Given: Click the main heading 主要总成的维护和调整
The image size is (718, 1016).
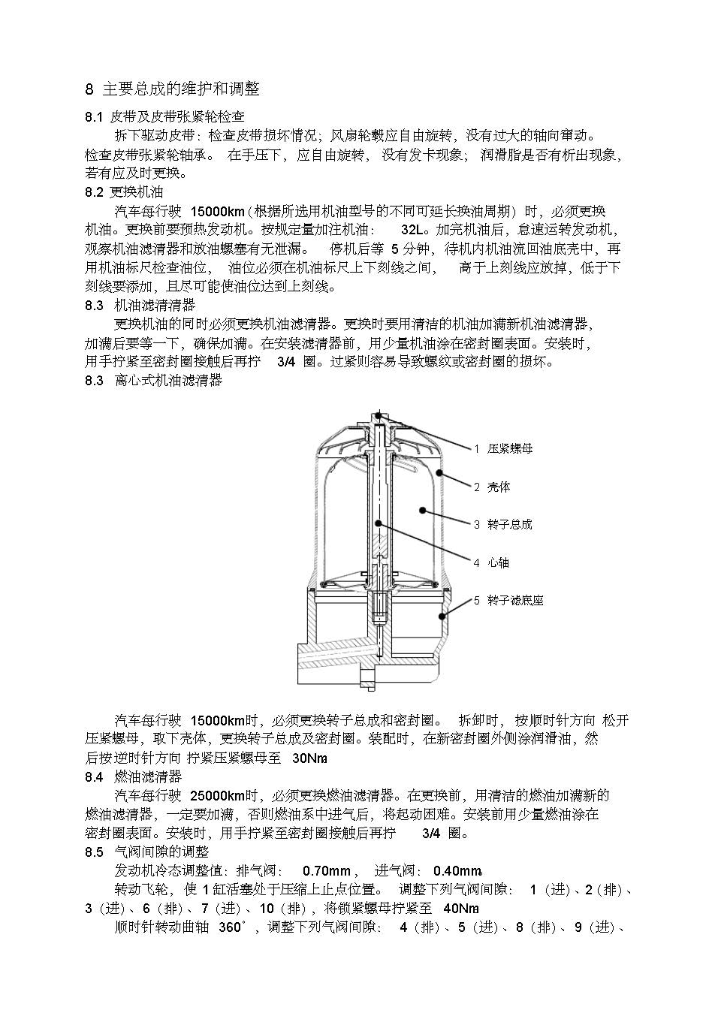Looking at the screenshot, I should pyautogui.click(x=180, y=89).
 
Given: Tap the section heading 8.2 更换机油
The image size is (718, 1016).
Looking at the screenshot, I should pyautogui.click(x=124, y=192).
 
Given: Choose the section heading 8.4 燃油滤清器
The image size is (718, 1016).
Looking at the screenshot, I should pyautogui.click(x=133, y=776).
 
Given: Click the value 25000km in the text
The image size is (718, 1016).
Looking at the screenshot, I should pyautogui.click(x=217, y=795).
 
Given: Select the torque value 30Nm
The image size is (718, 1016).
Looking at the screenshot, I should pyautogui.click(x=309, y=758).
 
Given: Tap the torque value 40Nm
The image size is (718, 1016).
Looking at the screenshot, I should pyautogui.click(x=461, y=908).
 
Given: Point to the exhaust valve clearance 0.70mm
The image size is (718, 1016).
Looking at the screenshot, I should pyautogui.click(x=326, y=871).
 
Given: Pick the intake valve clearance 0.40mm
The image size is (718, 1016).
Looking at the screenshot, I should pyautogui.click(x=457, y=871).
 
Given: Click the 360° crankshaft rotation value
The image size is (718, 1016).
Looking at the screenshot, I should pyautogui.click(x=232, y=927).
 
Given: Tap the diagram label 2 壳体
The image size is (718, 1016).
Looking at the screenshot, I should pyautogui.click(x=491, y=487).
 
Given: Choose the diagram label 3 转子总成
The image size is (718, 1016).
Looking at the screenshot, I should pyautogui.click(x=502, y=524).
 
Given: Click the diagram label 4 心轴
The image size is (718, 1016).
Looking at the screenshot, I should pyautogui.click(x=491, y=562).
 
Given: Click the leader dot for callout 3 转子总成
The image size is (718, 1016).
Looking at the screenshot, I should pyautogui.click(x=424, y=511).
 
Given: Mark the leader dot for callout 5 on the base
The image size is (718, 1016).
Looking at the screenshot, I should pyautogui.click(x=442, y=616).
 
